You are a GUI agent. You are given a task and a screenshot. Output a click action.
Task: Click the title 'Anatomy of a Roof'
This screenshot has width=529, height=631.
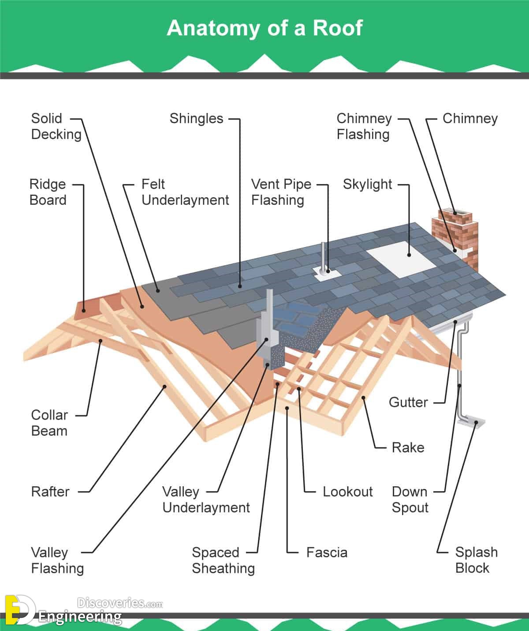264,28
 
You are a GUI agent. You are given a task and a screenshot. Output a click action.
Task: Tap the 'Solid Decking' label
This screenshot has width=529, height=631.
56,126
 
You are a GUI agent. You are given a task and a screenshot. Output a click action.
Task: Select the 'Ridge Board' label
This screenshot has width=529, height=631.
48,192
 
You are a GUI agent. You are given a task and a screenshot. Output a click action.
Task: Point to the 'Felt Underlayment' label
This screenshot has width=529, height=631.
185,192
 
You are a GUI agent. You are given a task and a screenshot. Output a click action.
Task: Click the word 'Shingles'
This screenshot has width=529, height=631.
196,118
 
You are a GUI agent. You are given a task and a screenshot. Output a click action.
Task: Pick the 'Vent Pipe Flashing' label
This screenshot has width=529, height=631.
281,192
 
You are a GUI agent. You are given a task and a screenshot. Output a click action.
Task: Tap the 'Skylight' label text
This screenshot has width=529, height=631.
367,184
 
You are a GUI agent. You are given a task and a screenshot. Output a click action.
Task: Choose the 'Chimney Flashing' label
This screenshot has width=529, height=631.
364,126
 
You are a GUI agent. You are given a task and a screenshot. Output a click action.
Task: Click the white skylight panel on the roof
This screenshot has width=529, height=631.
401,259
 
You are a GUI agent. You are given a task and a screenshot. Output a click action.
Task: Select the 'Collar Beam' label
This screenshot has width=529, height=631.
49,423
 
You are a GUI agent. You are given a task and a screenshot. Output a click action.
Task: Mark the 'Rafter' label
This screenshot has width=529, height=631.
50,492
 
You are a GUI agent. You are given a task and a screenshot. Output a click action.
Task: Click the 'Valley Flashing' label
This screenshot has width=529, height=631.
57,560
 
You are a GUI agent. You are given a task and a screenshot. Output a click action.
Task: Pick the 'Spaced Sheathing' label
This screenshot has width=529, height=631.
223,560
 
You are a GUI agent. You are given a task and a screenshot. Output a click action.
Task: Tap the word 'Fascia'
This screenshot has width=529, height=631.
327,552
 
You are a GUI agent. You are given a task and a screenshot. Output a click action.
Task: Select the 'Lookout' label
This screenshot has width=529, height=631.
347,492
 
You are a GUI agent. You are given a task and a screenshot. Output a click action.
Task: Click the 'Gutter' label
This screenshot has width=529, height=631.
408,402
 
